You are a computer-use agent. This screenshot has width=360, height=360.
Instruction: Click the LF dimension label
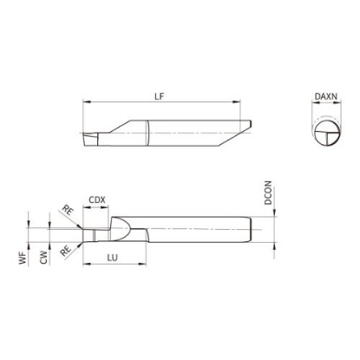coord(159,96)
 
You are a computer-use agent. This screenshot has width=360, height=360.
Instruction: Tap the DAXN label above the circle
coord(326,96)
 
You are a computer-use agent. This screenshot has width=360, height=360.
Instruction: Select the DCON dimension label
coord(268,193)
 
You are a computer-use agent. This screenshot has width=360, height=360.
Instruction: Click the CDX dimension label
coord(97,200)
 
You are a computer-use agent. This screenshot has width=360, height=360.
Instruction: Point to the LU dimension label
coord(113,258)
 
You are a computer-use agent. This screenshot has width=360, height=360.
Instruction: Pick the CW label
coord(43,258)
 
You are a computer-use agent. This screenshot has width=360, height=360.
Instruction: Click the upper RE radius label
coord(67,210)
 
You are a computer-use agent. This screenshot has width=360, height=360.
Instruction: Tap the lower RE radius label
coord(65,251)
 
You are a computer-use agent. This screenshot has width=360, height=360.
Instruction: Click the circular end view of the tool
coord(327,134)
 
